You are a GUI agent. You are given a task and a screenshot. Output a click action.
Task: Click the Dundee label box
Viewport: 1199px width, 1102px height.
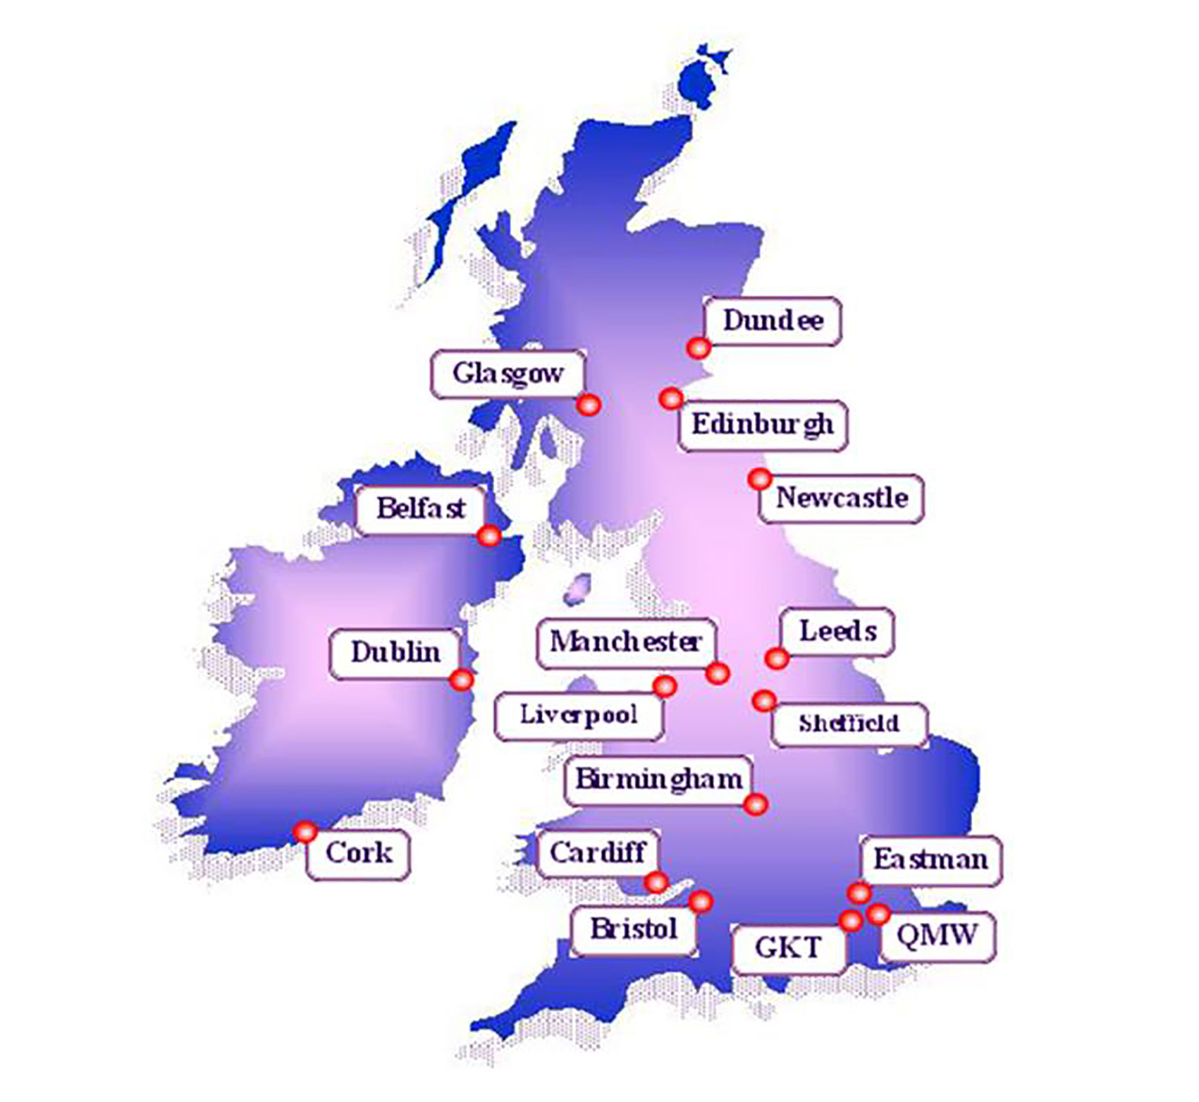tap(773, 322)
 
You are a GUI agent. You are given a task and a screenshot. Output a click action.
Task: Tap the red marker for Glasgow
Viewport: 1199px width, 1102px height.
tap(589, 405)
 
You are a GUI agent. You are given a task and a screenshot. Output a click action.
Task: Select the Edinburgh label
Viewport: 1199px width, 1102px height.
tap(763, 425)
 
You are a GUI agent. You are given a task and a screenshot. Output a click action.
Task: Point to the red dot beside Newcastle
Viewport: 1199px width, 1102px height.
tap(759, 479)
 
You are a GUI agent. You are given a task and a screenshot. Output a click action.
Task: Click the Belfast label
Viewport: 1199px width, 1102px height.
tap(421, 508)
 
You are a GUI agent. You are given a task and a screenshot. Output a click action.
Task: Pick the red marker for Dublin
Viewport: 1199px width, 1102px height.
tap(462, 680)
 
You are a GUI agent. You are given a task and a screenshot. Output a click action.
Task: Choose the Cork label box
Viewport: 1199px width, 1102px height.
tap(358, 854)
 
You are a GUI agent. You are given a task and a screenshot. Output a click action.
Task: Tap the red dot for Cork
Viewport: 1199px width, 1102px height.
tap(305, 832)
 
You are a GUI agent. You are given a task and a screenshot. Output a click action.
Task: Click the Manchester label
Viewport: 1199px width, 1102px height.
tap(626, 642)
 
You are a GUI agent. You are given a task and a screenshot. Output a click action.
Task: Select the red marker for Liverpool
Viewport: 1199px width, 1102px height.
tap(664, 685)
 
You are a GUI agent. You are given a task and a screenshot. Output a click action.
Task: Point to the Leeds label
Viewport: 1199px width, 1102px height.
tap(837, 632)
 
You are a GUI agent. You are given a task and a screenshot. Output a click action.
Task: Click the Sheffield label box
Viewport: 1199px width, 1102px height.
tap(849, 724)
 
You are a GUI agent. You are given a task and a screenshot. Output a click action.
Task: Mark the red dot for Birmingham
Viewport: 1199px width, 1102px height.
tap(756, 804)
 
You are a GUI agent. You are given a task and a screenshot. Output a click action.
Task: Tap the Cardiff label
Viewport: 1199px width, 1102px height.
tap(598, 853)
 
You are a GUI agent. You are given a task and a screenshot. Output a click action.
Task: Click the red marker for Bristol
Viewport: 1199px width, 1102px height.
tap(701, 901)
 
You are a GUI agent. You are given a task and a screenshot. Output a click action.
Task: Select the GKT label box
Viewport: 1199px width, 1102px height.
tap(788, 948)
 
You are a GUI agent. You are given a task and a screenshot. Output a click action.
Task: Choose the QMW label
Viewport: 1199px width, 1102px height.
tap(937, 936)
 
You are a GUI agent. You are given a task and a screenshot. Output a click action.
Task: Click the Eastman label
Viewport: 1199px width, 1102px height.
tap(930, 860)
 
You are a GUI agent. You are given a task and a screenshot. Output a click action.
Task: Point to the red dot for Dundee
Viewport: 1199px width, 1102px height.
tap(699, 348)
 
